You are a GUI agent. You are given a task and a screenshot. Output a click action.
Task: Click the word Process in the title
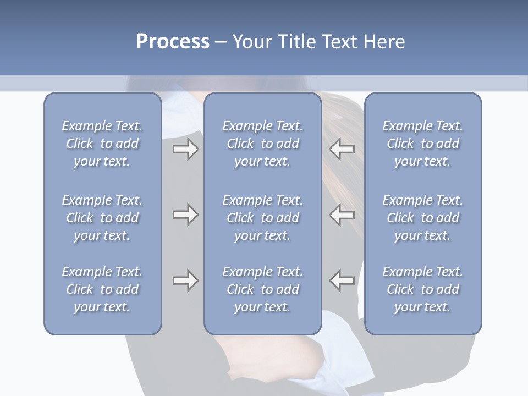pos(173,42)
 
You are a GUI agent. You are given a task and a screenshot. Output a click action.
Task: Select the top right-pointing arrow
pos(186,149)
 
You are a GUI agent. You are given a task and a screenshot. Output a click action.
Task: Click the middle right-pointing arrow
pos(186,215)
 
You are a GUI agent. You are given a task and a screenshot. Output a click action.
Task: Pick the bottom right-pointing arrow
pos(186,280)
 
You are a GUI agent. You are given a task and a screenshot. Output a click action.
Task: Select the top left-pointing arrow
pos(342,149)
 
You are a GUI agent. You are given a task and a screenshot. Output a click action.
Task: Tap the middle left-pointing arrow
pos(342,215)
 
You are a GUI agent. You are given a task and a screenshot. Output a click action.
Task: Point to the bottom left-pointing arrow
pos(342,280)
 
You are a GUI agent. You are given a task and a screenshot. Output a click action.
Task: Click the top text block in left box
pos(102,144)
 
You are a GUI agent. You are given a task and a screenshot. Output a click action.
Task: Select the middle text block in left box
pos(102,218)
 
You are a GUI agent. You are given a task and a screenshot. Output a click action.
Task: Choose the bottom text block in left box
pos(102,289)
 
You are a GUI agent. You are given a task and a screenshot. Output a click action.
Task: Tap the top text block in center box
pos(263,144)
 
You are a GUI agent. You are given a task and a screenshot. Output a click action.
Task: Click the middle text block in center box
pos(263,218)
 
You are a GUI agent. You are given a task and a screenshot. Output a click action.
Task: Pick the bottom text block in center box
pos(263,289)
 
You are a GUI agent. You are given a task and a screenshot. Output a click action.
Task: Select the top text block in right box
pos(423,144)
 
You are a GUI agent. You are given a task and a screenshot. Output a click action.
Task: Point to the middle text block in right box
pos(423,218)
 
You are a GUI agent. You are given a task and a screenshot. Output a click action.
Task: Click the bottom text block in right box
pos(423,289)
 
